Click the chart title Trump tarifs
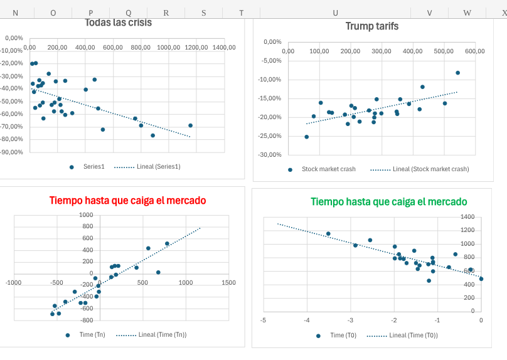pyautogui.click(x=371, y=26)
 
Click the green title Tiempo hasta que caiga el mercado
pyautogui.click(x=388, y=202)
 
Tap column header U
pyautogui.click(x=336, y=13)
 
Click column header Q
pyautogui.click(x=129, y=13)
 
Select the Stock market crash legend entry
pyautogui.click(x=328, y=169)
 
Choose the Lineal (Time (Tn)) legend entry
pyautogui.click(x=162, y=335)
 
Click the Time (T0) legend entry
pyautogui.click(x=343, y=336)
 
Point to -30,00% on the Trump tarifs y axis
pyautogui.click(x=271, y=155)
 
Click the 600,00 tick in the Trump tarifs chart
pyautogui.click(x=474, y=51)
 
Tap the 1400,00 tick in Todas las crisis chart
pyautogui.click(x=223, y=48)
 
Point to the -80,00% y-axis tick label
pyautogui.click(x=13, y=152)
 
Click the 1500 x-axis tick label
pyautogui.click(x=228, y=283)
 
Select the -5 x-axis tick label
pyautogui.click(x=263, y=320)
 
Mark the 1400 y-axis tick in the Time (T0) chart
pyautogui.click(x=467, y=217)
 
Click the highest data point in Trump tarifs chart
pyautogui.click(x=457, y=73)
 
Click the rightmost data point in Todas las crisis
pyautogui.click(x=190, y=125)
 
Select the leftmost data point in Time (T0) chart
pyautogui.click(x=328, y=234)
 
